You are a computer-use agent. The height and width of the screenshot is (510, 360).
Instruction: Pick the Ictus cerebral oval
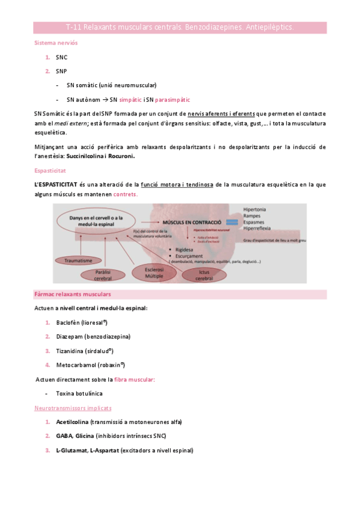tap(206, 274)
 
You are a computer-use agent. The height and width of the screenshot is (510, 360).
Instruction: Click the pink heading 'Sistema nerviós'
tap(56, 43)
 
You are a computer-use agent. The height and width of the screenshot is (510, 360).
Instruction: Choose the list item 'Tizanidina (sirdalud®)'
tap(91, 351)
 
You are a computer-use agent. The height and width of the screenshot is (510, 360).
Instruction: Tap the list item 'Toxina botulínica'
tap(79, 393)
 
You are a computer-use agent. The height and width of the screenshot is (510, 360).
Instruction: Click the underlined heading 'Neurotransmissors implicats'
tap(73, 408)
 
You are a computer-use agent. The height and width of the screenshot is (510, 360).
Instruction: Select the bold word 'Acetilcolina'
tap(72, 422)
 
